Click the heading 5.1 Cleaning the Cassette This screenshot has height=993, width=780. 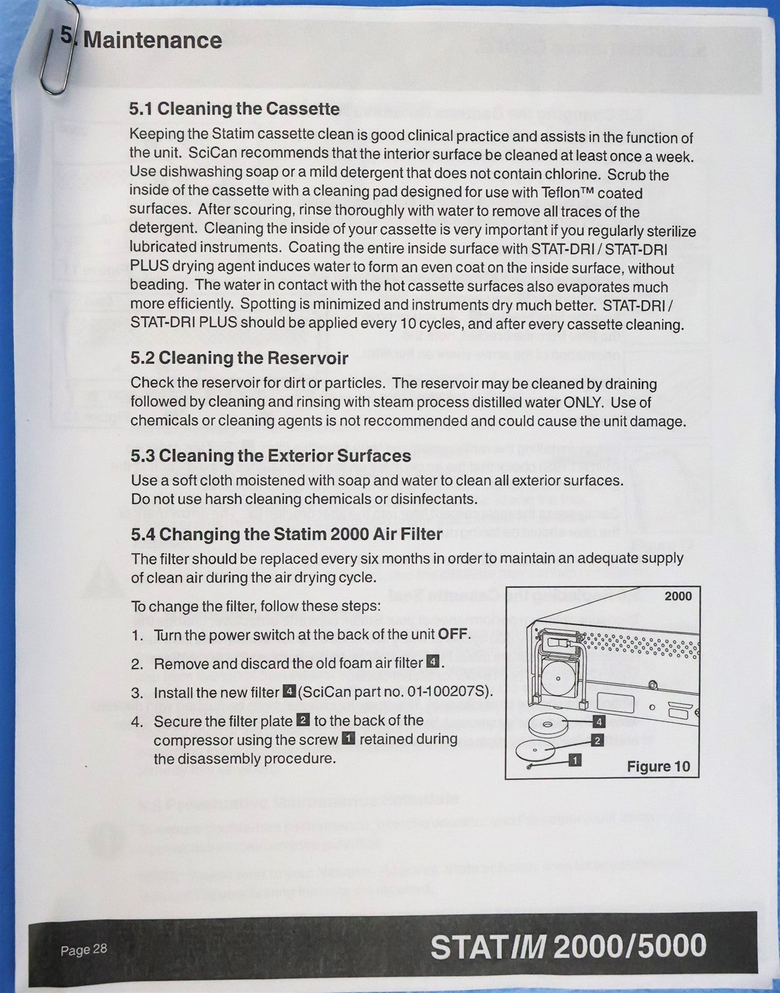point(234,109)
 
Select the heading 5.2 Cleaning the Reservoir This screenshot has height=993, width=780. point(239,358)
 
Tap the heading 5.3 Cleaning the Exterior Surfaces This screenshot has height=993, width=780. point(271,456)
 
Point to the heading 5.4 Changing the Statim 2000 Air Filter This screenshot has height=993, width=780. point(286,534)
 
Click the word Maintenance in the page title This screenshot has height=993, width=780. point(152,40)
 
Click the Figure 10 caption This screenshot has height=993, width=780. point(658,766)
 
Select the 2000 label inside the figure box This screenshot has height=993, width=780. point(678,596)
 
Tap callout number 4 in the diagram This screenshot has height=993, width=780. point(599,722)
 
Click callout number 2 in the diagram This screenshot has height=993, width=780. point(597,740)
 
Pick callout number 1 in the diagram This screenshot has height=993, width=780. point(575,760)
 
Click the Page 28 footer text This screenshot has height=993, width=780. point(84,950)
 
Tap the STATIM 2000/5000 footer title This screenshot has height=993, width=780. point(568,946)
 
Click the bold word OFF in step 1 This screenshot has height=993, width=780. point(453,635)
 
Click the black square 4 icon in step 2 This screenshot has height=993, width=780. point(432,662)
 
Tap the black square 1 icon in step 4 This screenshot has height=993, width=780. point(348,739)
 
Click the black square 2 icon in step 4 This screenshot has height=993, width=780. point(303,720)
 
